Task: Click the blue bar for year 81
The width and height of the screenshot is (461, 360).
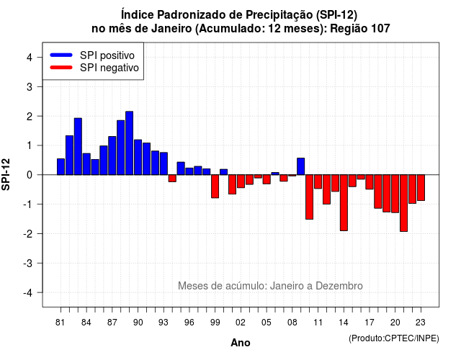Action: [61, 166]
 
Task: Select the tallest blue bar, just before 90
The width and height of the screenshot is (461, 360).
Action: [130, 143]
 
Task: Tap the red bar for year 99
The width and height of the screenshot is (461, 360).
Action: [215, 186]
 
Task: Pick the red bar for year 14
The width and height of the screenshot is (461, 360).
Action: [344, 203]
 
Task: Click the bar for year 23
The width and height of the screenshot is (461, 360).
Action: [421, 188]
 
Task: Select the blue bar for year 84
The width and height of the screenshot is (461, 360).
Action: [86, 164]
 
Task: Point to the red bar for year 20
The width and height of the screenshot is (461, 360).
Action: [395, 194]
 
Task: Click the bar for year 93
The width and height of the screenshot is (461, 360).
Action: [164, 163]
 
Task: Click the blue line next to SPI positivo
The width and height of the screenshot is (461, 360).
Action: [61, 55]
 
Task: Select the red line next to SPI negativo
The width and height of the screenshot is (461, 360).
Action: [61, 67]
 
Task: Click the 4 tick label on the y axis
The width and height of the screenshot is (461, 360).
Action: [30, 58]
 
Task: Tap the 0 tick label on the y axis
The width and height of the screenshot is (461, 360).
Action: [30, 175]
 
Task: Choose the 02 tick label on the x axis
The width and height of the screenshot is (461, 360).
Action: [240, 323]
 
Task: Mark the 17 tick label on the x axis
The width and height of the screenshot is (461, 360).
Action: [370, 323]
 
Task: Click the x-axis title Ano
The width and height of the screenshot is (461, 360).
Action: [241, 343]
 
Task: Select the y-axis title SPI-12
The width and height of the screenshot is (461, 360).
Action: [6, 174]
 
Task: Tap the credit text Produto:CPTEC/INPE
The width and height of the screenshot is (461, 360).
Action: [394, 338]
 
